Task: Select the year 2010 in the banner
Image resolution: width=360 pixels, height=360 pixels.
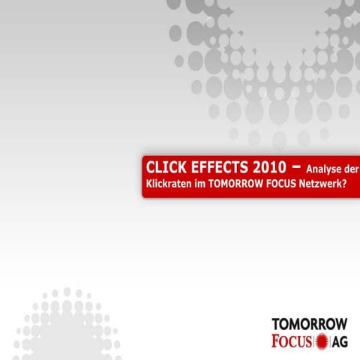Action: pyautogui.click(x=268, y=166)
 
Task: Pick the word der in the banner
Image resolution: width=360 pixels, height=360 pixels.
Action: pyautogui.click(x=349, y=167)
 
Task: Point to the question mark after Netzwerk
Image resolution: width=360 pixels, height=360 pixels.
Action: pyautogui.click(x=353, y=184)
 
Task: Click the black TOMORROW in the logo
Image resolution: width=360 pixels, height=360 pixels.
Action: pyautogui.click(x=309, y=324)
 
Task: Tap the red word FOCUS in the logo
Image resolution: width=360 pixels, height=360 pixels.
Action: pyautogui.click(x=293, y=342)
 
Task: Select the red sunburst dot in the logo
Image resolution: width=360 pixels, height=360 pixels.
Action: pyautogui.click(x=324, y=343)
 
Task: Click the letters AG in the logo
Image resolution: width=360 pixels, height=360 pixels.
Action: pyautogui.click(x=341, y=343)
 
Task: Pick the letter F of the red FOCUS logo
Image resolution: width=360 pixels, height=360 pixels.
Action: pyautogui.click(x=277, y=342)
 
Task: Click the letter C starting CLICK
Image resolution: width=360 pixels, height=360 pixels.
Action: pyautogui.click(x=150, y=166)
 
